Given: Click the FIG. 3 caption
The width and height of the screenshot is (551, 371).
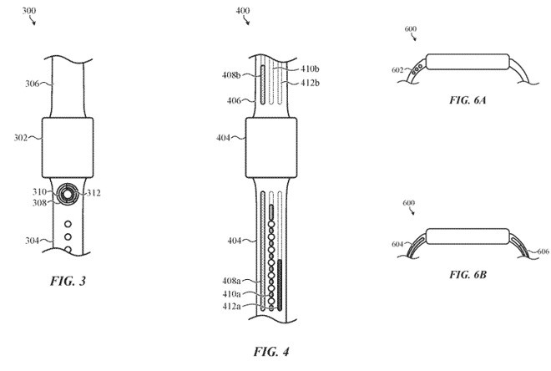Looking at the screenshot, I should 71,282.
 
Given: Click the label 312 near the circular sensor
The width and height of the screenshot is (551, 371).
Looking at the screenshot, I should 93,194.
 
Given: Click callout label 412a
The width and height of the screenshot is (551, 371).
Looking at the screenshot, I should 233,307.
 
